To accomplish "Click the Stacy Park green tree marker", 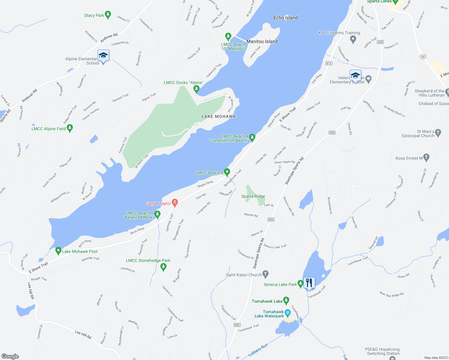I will tap(108, 14).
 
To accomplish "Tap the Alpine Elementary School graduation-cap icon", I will tap(103, 55).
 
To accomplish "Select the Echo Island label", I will tap(285, 18).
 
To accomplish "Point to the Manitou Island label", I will tap(262, 41).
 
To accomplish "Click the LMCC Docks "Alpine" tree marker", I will tap(196, 89).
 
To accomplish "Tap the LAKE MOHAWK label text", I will tap(219, 116).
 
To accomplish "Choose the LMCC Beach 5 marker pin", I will tap(227, 172).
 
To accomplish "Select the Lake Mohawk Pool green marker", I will tap(59, 251).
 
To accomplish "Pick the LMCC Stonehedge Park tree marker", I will tap(164, 267).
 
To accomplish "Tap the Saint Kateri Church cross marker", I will tap(265, 274).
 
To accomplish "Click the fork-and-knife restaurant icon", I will tap(309, 283).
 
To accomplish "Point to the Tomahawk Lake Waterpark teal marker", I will tap(288, 313).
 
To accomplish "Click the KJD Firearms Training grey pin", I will tap(353, 39).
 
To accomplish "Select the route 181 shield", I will tap(423, 57).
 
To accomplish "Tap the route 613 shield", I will tap(328, 63).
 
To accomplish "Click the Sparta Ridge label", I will tap(253, 196).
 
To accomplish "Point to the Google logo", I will tap(10, 356).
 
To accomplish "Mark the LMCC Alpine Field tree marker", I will tap(70, 128).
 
